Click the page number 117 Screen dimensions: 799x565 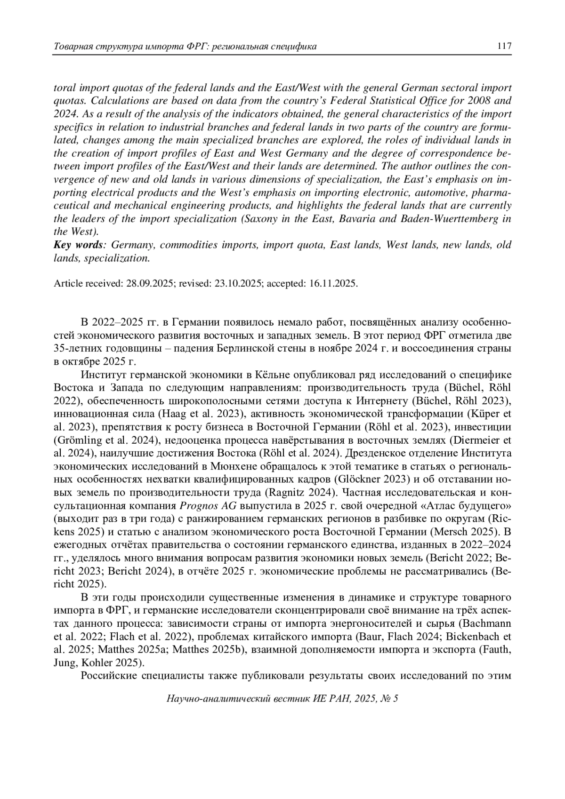click(x=504, y=46)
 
